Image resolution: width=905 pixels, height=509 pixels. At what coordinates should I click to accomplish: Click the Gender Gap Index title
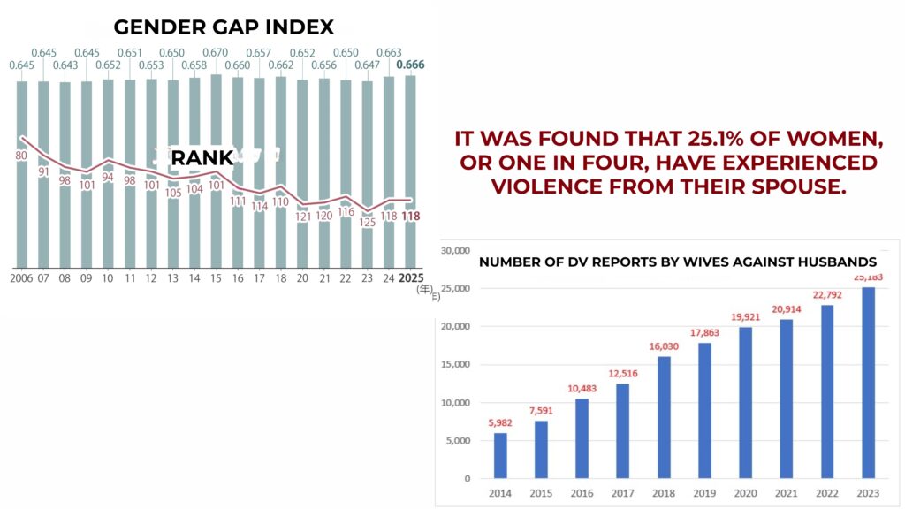point(224,27)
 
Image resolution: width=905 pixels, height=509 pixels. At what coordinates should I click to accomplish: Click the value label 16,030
point(664,347)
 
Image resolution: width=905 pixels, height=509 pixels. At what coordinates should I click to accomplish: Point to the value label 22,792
point(826,296)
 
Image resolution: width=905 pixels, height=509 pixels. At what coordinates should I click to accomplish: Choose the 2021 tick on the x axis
point(786,493)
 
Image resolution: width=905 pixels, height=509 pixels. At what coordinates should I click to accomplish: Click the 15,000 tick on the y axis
point(455,365)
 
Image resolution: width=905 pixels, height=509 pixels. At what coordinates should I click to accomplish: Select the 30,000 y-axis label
point(455,251)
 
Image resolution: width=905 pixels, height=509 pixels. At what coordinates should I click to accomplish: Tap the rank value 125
point(368,223)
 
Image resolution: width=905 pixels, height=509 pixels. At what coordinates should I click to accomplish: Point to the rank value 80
point(22,156)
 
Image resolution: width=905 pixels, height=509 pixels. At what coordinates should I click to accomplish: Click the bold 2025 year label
point(409,278)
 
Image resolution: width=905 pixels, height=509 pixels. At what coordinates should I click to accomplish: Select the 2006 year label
point(22,278)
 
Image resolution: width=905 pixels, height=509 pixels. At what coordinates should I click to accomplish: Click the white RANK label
point(202,158)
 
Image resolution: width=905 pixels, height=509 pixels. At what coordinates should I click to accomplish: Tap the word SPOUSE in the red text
point(801,186)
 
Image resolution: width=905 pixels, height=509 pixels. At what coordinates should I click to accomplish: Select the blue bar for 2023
point(867,383)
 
